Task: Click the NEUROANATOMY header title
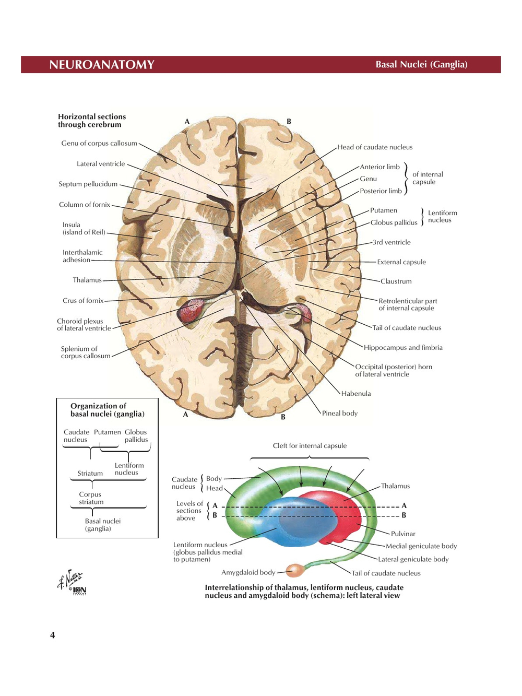[102, 65]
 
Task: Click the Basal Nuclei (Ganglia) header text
[421, 64]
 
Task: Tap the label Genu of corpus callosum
[99, 143]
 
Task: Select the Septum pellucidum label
[88, 184]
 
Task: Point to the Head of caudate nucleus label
[375, 147]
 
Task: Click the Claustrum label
[396, 281]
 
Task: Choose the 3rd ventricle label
[391, 242]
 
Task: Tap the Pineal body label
[339, 413]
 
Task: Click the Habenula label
[356, 393]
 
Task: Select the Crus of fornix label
[83, 300]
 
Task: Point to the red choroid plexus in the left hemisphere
[190, 311]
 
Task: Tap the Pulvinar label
[403, 534]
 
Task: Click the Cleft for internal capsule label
[310, 445]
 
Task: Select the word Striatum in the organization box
[90, 473]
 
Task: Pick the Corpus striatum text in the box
[91, 498]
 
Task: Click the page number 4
[52, 635]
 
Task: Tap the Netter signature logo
[72, 582]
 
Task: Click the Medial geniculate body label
[421, 546]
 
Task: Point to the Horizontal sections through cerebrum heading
[91, 121]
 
